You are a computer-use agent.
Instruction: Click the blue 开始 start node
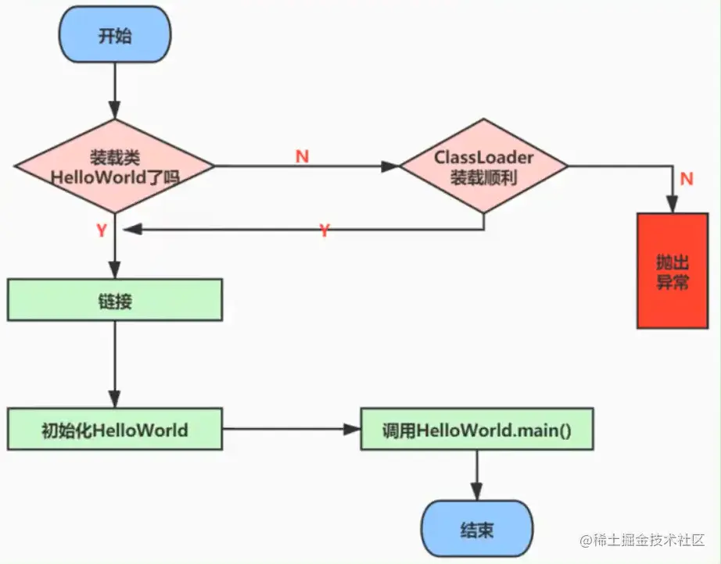114,34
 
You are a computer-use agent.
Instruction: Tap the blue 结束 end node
477,529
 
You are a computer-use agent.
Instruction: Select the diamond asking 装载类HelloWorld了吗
114,166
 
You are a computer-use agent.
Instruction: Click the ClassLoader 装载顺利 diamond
484,166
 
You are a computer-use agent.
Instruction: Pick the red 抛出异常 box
673,271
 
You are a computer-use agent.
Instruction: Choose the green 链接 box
115,300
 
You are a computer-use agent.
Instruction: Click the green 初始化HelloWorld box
115,429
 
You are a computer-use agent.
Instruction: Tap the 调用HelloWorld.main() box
477,429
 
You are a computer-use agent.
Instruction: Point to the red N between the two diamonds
302,156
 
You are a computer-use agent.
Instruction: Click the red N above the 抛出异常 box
687,178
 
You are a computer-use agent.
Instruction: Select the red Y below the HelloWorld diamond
102,230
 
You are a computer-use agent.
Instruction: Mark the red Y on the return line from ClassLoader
325,230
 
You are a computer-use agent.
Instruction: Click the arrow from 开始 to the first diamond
114,91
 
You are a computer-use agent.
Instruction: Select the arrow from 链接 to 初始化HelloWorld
114,364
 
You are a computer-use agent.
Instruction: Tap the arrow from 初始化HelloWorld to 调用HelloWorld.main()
292,429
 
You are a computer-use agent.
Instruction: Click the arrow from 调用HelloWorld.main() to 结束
477,476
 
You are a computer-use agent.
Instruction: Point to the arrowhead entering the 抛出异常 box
673,205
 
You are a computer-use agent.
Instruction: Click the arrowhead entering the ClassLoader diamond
390,166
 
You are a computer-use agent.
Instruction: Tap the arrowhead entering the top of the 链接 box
114,270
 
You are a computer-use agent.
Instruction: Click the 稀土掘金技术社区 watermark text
643,540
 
